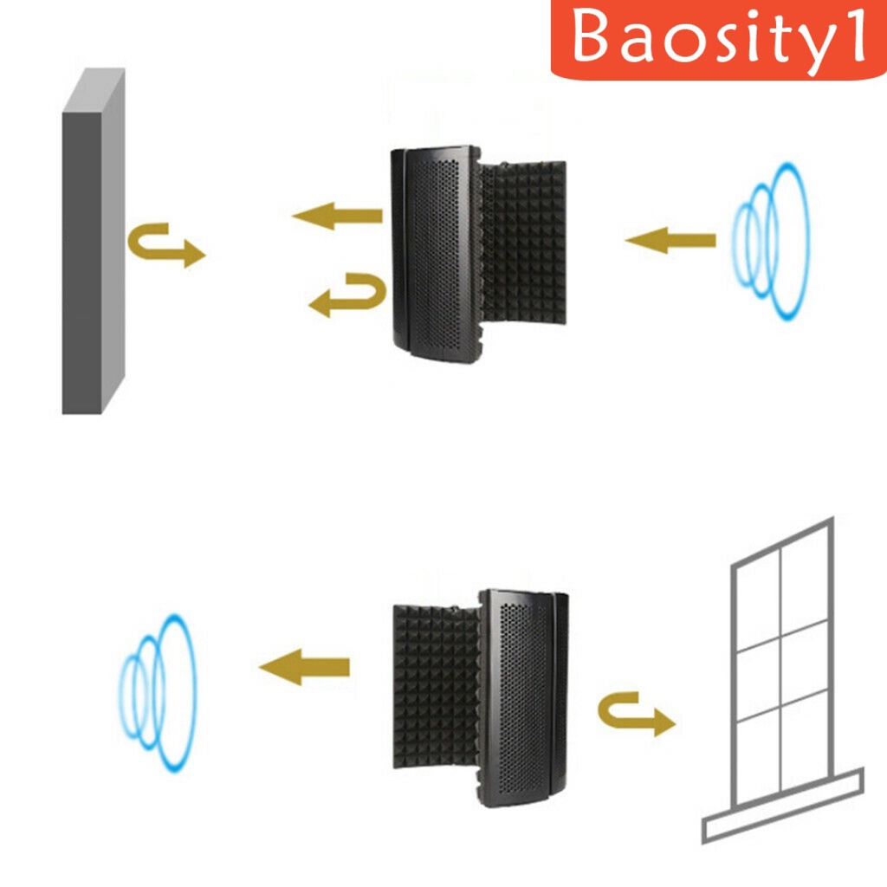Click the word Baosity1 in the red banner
coord(719,39)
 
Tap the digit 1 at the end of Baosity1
coord(856,39)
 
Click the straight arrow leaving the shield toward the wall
coord(338,215)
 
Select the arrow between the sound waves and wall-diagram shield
coord(670,240)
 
